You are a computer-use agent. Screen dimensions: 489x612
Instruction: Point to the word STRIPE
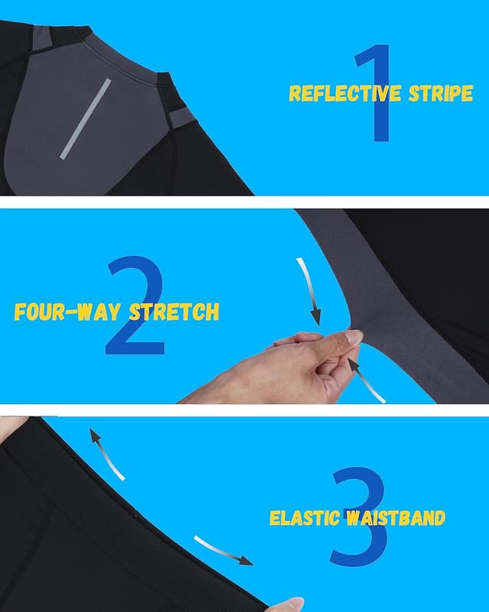click(441, 93)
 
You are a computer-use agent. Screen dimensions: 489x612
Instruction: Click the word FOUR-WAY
click(67, 312)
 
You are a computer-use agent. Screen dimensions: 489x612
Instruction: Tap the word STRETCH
click(174, 312)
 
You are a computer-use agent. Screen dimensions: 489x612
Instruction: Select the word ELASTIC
click(304, 518)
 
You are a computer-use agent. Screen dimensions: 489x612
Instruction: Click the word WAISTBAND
click(396, 518)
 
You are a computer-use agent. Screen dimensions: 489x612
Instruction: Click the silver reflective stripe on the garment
click(86, 119)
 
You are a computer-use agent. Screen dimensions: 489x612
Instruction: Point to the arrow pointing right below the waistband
click(222, 550)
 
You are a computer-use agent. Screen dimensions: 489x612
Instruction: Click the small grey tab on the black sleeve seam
click(182, 118)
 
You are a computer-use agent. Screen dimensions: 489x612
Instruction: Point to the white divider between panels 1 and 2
click(244, 202)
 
